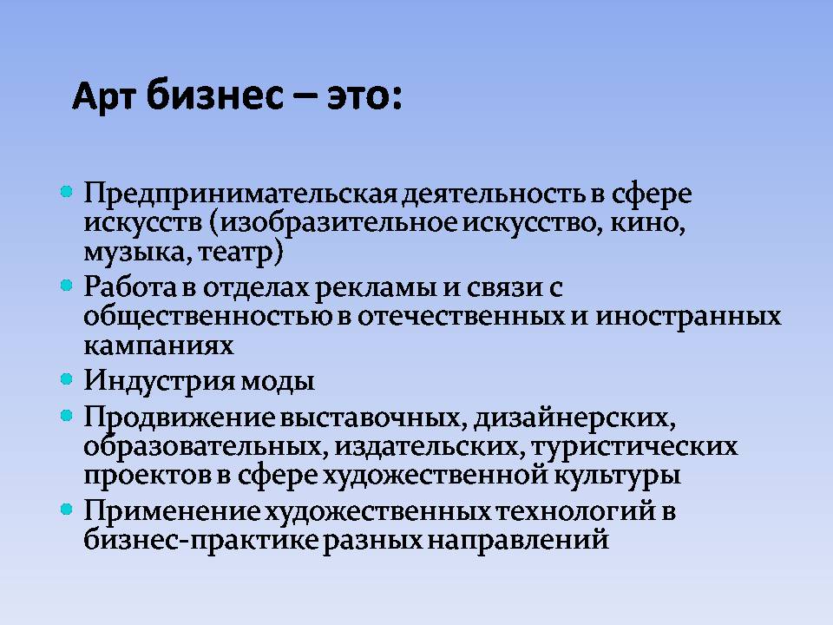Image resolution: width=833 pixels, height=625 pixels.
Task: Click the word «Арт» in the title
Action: click(x=103, y=98)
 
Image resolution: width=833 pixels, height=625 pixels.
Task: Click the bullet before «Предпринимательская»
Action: click(x=67, y=191)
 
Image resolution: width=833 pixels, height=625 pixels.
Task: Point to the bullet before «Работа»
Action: click(x=67, y=286)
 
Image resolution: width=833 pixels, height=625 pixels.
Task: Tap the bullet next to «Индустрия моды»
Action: click(x=67, y=379)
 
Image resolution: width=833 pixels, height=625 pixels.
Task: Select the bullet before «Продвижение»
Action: click(x=67, y=416)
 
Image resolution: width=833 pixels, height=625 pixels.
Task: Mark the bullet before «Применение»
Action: click(x=67, y=510)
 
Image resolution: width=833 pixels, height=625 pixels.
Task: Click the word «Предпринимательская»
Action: click(x=240, y=194)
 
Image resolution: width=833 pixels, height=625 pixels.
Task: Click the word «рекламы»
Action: click(x=376, y=288)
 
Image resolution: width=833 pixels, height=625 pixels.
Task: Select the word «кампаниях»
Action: click(x=159, y=346)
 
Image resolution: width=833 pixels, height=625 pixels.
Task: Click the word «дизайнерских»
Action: click(x=571, y=418)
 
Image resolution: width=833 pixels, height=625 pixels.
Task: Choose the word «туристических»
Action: click(x=634, y=448)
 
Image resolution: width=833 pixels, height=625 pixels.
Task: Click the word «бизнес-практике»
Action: click(x=201, y=541)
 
